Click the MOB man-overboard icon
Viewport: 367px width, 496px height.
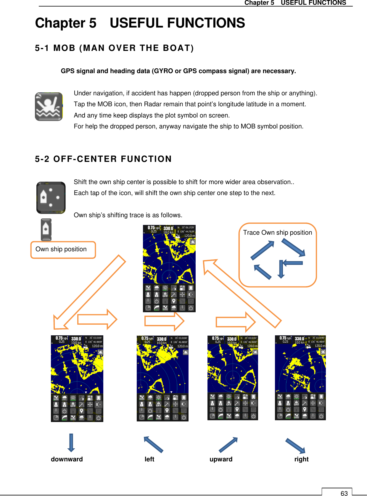coord(49,107)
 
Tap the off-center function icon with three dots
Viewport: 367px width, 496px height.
coord(51,198)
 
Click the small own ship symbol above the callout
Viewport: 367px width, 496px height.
coord(46,230)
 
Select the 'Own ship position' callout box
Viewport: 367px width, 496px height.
coord(63,250)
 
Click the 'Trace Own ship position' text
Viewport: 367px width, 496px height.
coord(277,233)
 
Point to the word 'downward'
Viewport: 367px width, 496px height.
coord(67,459)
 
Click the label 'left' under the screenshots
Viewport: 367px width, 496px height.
coord(149,459)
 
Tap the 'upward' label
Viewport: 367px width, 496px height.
coord(221,459)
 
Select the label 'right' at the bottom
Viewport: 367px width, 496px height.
coord(301,459)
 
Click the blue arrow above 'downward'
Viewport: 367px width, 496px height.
coord(71,443)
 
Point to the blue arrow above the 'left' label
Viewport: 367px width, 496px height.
coord(153,445)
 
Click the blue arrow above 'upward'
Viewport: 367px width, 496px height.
coord(228,445)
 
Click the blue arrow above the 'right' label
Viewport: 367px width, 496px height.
coord(295,446)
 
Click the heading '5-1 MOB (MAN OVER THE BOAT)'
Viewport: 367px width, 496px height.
coord(114,48)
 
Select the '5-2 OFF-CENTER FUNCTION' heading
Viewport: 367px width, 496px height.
coord(103,159)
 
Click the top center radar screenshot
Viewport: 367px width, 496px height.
coord(169,268)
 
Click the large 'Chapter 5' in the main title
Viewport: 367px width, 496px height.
coord(66,23)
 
